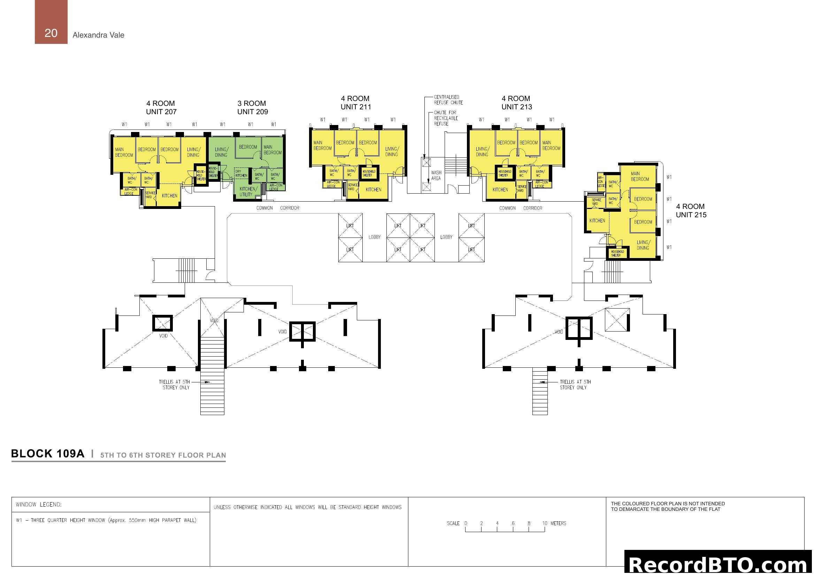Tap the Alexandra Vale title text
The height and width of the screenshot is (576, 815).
(98, 35)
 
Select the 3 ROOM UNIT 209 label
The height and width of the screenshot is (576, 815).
(252, 108)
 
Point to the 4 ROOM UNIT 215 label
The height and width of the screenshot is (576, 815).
(691, 211)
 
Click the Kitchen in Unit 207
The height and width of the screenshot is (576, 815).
(169, 196)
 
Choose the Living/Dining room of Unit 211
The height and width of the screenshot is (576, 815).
(392, 152)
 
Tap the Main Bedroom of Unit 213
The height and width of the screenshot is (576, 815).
(551, 146)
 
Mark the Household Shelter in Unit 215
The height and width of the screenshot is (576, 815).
(617, 253)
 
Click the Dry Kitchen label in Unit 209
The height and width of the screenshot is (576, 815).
(241, 173)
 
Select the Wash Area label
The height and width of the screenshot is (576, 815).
(436, 175)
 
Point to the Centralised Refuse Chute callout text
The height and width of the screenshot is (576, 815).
(448, 100)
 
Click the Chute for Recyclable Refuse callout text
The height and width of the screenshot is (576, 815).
(446, 118)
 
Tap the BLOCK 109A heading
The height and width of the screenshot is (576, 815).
(48, 454)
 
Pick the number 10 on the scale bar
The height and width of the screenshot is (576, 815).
(545, 523)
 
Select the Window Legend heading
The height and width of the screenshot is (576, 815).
(39, 504)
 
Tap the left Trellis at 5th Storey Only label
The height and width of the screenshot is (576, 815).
(174, 384)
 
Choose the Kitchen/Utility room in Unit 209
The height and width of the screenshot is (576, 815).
(247, 192)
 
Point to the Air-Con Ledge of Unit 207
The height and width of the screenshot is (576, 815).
(130, 192)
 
